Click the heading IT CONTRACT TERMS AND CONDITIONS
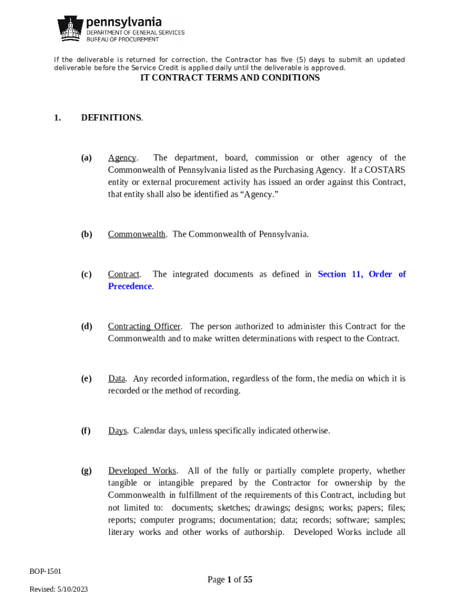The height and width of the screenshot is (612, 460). [230, 78]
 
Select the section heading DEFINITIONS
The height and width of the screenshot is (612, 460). [111, 118]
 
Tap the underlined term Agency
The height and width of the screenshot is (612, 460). [122, 158]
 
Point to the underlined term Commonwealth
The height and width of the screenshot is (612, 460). [137, 234]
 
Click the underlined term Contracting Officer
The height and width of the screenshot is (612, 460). [144, 326]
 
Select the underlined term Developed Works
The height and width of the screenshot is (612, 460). [142, 471]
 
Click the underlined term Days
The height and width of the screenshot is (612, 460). [117, 430]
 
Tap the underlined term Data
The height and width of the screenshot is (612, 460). [116, 378]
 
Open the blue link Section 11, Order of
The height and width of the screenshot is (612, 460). [361, 274]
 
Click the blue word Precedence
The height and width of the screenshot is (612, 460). [130, 286]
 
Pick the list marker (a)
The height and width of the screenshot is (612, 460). [87, 158]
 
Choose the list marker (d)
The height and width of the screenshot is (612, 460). [87, 326]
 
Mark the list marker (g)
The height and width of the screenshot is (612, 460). [87, 471]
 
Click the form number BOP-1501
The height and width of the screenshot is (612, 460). [45, 571]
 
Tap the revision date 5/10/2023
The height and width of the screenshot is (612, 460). [73, 589]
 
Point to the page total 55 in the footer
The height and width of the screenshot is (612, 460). [248, 579]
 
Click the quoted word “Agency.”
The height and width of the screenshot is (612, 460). [259, 194]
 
